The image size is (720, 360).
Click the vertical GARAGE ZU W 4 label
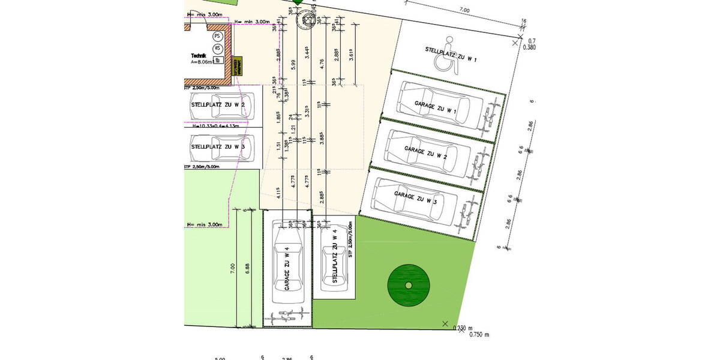coord(287,269)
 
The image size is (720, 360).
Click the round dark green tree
coord(408,285)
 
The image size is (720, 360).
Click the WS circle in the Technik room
coord(217,49)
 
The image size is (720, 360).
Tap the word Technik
coord(199,55)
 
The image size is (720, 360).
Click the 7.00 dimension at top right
coord(464,10)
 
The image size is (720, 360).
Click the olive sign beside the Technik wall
coord(236,65)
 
